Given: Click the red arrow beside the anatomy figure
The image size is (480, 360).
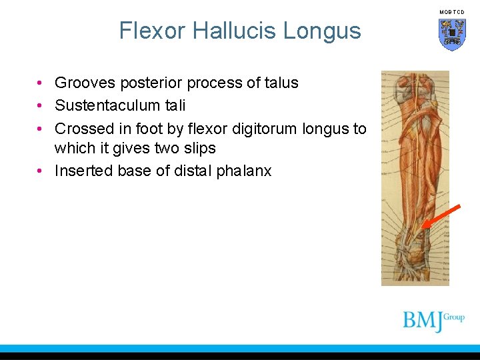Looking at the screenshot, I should tap(441, 217).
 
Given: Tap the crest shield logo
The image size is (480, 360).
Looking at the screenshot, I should tap(452, 34).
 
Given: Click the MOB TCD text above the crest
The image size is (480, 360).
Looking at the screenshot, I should tap(452, 12).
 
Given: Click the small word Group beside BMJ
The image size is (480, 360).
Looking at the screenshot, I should tap(454, 317).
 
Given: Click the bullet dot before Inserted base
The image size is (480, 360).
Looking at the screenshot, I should tap(41, 171).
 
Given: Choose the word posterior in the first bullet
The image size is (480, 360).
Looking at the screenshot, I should tap(151, 83).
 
